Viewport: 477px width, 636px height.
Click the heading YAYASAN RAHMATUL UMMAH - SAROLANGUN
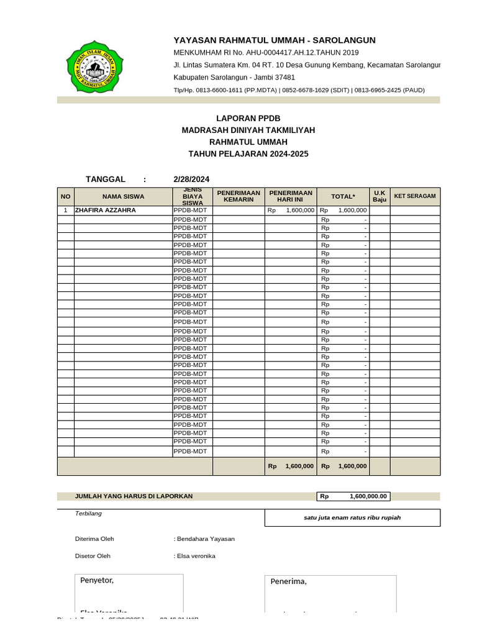[x=274, y=40]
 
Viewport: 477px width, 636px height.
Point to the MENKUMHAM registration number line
[x=266, y=53]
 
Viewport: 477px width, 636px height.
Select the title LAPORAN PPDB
[x=244, y=118]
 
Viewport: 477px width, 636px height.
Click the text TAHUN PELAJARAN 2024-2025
[x=248, y=154]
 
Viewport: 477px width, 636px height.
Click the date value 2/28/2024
[x=191, y=179]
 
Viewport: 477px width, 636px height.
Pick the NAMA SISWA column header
[x=123, y=196]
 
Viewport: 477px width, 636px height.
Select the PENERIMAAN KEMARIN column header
[x=238, y=196]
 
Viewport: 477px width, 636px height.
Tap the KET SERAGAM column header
[x=415, y=196]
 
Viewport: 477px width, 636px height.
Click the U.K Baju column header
[x=379, y=196]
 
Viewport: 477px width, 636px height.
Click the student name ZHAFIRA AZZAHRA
[x=105, y=211]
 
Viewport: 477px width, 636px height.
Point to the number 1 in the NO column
[x=65, y=211]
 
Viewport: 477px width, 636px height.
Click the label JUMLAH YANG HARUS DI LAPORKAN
[x=134, y=496]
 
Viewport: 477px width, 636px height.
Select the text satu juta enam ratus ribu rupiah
[x=352, y=518]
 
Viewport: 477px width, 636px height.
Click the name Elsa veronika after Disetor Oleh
[x=196, y=556]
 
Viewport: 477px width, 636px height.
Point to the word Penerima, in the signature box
[x=289, y=581]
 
